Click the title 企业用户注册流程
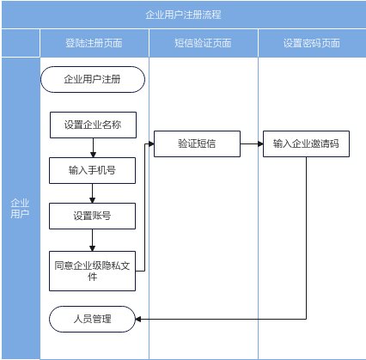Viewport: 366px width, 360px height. tap(183, 15)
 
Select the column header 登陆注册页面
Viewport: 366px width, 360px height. tap(94, 43)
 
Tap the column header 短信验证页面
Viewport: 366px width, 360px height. tap(203, 43)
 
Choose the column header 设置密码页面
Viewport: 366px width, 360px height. tap(312, 43)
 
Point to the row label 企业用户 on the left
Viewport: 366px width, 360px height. tap(20, 208)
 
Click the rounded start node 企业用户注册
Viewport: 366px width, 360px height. tap(93, 79)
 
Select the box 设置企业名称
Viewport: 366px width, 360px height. tap(93, 125)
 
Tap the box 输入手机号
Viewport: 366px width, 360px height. tap(92, 170)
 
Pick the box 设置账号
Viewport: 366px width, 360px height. tap(92, 216)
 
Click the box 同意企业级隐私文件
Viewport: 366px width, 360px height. tap(92, 271)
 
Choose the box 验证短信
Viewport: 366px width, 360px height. tap(197, 143)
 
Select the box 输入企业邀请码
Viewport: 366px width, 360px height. tap(306, 143)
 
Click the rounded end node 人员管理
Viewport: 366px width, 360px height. tap(92, 319)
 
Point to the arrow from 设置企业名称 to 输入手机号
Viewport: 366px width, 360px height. tap(93, 148)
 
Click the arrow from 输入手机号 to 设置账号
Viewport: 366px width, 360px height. tap(92, 193)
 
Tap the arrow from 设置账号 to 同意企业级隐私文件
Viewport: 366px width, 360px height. tap(92, 241)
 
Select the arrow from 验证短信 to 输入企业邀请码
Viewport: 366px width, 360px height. tap(252, 143)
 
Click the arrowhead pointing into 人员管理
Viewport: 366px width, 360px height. tap(138, 319)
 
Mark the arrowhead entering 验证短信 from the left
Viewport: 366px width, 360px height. tap(151, 143)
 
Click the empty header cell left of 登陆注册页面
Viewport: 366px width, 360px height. tap(21, 43)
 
